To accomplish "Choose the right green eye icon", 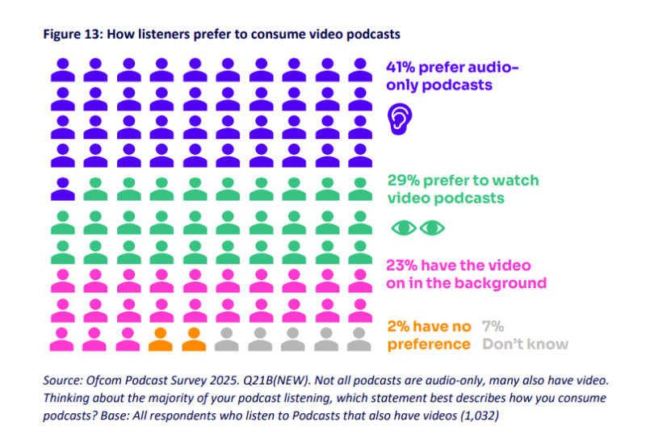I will coord(432,228).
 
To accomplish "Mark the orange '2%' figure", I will coord(400,327).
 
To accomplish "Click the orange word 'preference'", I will coord(429,345).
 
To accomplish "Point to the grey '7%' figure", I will coord(493,327).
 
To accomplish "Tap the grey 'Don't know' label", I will coord(525,345).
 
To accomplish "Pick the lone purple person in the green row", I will coord(62,188).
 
